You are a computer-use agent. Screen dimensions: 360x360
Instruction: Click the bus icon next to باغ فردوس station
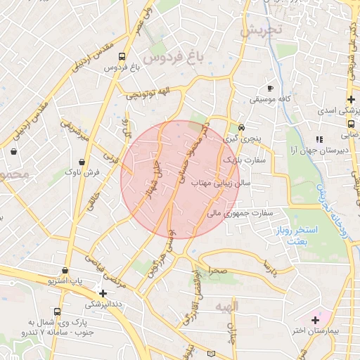pyautogui.click(x=122, y=56)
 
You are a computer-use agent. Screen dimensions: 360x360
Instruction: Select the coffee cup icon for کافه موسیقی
pyautogui.click(x=270, y=89)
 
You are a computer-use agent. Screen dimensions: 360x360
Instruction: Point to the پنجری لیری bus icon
pyautogui.click(x=241, y=128)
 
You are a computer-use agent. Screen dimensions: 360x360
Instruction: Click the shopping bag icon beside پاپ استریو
pyautogui.click(x=65, y=271)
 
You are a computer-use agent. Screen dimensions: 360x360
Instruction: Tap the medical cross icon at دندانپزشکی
pyautogui.click(x=103, y=293)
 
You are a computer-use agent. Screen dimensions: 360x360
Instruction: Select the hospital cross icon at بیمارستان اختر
pyautogui.click(x=314, y=320)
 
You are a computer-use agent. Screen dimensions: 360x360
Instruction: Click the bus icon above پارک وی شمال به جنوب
pyautogui.click(x=57, y=311)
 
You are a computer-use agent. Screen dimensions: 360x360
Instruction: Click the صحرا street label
pyautogui.click(x=217, y=271)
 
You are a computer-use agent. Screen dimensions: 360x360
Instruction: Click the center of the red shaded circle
pyautogui.click(x=180, y=180)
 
